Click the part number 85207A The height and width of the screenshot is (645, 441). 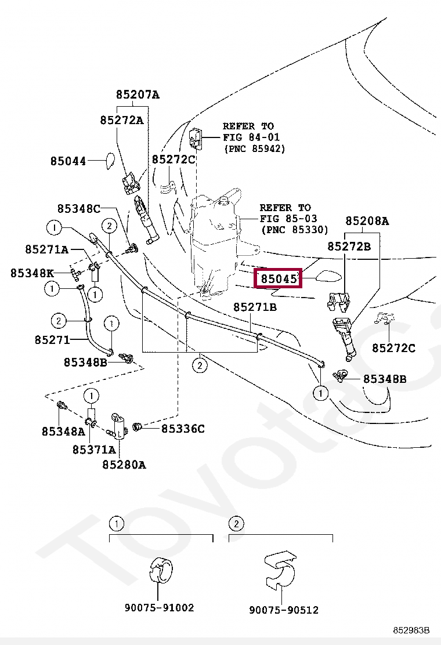point(137,95)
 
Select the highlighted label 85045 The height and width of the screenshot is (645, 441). point(279,279)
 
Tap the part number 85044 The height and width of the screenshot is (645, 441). point(68,161)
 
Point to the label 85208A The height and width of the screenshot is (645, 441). point(367,221)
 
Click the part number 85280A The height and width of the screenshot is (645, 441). point(124,465)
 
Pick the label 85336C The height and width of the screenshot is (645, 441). point(183,429)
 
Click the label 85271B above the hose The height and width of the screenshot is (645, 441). point(255,307)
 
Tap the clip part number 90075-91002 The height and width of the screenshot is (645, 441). point(159,608)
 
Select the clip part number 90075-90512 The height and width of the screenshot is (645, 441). point(284,610)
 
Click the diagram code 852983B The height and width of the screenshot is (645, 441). point(411,630)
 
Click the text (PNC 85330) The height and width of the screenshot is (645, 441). point(295,230)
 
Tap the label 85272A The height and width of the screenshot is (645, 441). point(121,120)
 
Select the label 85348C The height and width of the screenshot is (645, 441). point(79,208)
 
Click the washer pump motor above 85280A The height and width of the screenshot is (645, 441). point(120,426)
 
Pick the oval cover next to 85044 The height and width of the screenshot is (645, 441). point(108,160)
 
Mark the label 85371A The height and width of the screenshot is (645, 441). point(94,449)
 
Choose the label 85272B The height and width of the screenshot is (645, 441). point(349,246)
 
